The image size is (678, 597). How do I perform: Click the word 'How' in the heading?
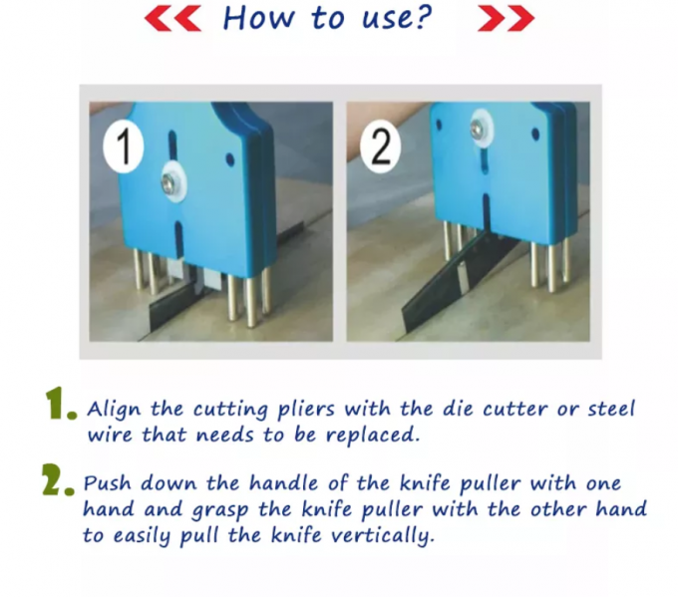pos(253,17)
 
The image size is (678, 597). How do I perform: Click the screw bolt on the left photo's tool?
pos(171,181)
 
